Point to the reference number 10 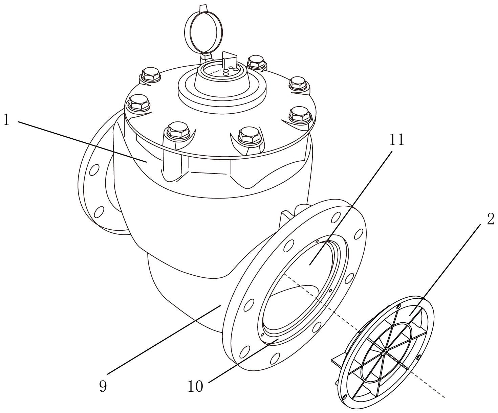click(x=195, y=386)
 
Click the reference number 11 click(x=397, y=140)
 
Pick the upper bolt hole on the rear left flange click(x=94, y=170)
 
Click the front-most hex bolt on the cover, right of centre click(x=249, y=135)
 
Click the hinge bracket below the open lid click(x=206, y=57)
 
